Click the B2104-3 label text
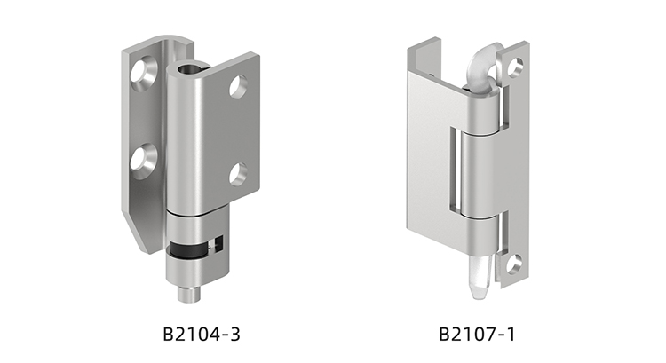click(202, 334)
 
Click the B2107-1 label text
click(477, 334)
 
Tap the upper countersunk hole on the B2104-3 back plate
click(145, 73)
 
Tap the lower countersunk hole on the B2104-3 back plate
click(144, 161)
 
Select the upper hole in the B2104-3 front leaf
click(238, 86)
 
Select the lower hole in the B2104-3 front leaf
click(238, 174)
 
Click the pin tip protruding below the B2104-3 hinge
click(189, 294)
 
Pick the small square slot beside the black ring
click(219, 244)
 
